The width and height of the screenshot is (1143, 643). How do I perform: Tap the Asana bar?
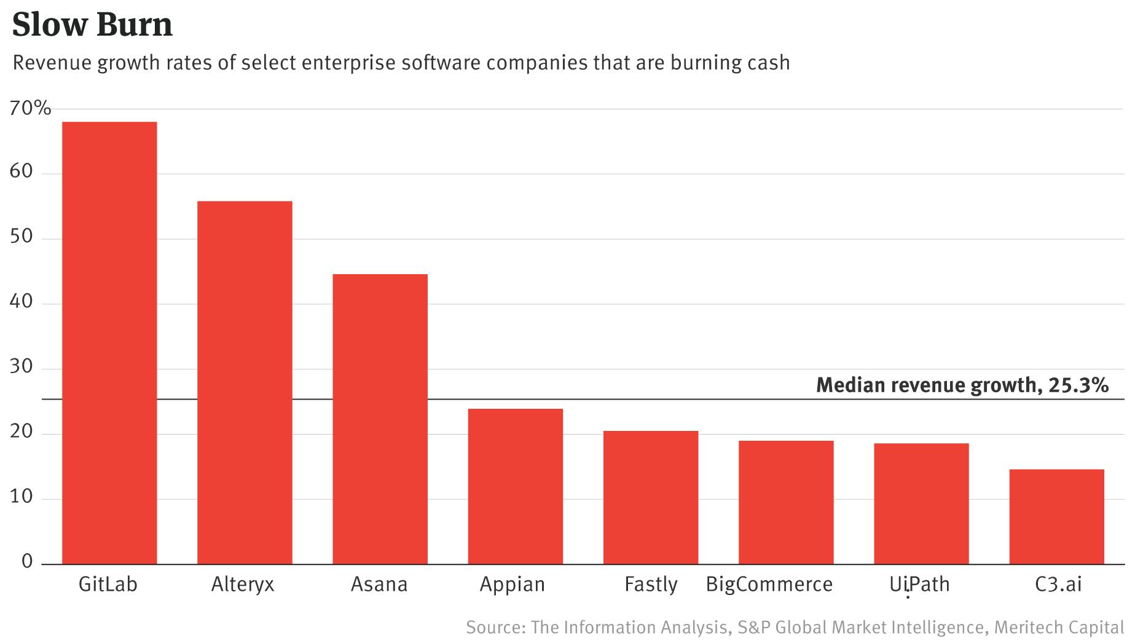[x=380, y=419]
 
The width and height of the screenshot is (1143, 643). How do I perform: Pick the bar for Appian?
[x=515, y=486]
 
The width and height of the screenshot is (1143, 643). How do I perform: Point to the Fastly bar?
[x=650, y=497]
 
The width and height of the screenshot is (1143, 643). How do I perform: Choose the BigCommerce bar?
[x=786, y=502]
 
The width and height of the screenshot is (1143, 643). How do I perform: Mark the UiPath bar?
[x=921, y=503]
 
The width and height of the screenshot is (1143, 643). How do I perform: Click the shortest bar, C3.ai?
[x=1056, y=516]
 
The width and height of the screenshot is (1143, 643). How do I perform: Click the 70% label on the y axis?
[x=30, y=109]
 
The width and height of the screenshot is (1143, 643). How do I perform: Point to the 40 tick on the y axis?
[x=22, y=301]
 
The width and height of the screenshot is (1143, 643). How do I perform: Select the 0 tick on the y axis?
[x=27, y=561]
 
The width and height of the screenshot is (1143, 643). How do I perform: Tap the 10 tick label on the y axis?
[x=22, y=496]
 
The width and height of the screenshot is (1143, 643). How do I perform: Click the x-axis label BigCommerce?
[x=769, y=584]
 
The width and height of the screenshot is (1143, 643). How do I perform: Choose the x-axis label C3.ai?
[x=1058, y=584]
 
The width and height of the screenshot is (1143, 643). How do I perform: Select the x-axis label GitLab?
[x=108, y=584]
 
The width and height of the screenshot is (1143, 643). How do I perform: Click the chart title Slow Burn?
[x=92, y=25]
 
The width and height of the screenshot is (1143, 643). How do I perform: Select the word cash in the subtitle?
[x=768, y=63]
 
